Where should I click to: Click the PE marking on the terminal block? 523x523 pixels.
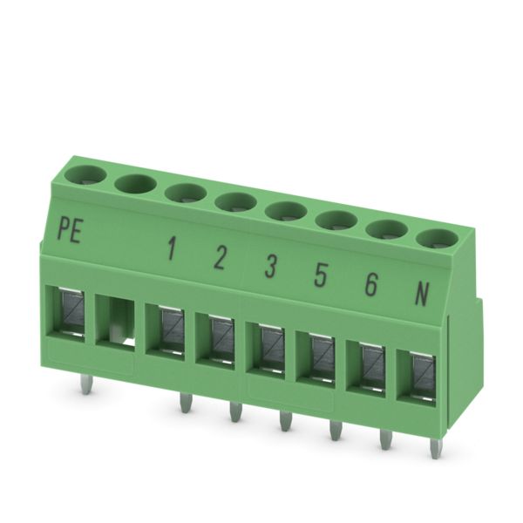(70, 229)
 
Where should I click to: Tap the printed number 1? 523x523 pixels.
(172, 248)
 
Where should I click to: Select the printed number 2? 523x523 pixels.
(221, 258)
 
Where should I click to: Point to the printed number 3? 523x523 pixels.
(270, 266)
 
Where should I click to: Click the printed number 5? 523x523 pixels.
(320, 275)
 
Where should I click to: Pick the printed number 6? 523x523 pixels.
(371, 284)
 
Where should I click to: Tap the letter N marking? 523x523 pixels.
(421, 294)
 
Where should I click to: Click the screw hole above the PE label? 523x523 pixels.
(85, 175)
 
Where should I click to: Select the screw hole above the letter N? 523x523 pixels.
(438, 239)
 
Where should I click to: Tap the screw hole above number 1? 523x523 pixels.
(186, 194)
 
